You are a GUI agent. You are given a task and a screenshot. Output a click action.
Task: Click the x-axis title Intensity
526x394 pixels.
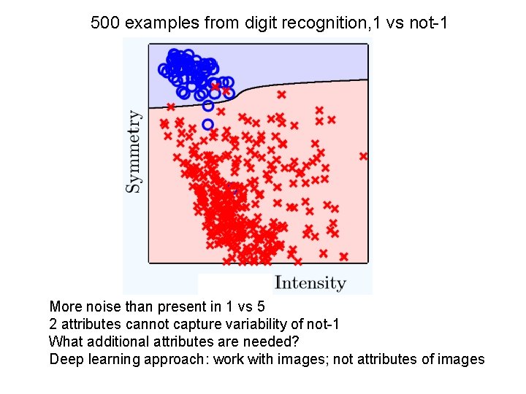click(310, 282)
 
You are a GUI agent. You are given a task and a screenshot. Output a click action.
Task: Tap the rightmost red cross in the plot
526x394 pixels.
click(363, 155)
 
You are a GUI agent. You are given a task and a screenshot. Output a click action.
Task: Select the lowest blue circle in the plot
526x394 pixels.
click(207, 124)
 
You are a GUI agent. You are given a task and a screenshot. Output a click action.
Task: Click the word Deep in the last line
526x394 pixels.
click(64, 359)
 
